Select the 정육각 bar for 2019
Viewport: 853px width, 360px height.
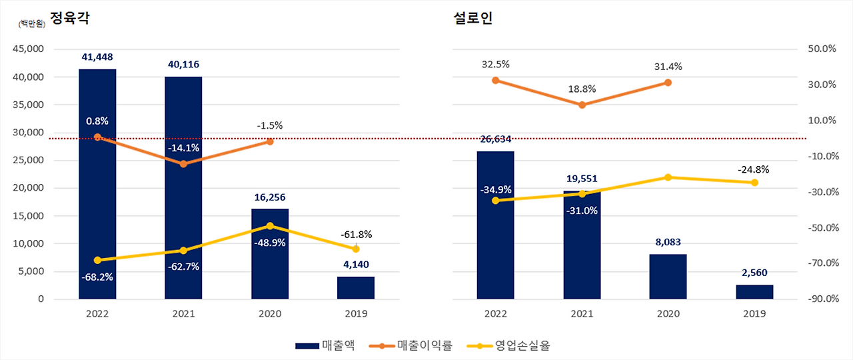coord(356,287)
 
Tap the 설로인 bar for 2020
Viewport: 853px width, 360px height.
coord(668,276)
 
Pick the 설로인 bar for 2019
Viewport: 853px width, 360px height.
coord(754,291)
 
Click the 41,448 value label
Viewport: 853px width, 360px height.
coord(97,57)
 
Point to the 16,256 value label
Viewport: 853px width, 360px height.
coord(270,197)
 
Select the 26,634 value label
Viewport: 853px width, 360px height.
coord(495,139)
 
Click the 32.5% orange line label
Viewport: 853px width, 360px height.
coord(495,65)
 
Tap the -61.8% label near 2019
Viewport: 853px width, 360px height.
coord(357,235)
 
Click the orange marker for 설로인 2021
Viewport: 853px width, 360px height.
coord(582,105)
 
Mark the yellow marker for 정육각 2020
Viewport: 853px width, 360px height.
coord(270,226)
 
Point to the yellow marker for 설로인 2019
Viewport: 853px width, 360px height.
coord(754,183)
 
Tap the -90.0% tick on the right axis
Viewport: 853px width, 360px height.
coord(821,299)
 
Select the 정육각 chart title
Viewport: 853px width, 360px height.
coord(70,18)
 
